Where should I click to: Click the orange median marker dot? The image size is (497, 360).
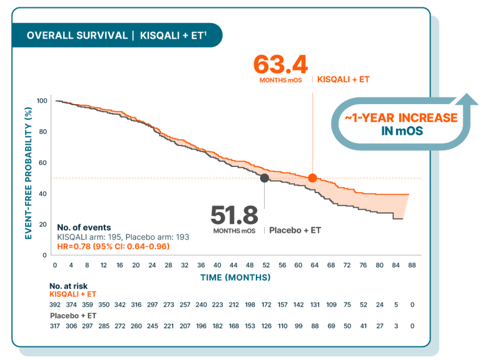point(312,178)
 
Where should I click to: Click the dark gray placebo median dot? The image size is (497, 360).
point(264,178)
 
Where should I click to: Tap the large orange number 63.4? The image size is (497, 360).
point(280,64)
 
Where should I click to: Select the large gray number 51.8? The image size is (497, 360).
point(234,215)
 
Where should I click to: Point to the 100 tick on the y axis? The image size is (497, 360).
point(42,101)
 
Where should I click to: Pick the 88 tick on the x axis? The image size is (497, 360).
point(412,265)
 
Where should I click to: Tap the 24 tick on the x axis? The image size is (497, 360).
point(152,265)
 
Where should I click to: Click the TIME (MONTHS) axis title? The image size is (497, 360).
point(235,277)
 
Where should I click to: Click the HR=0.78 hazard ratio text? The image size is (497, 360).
point(113,246)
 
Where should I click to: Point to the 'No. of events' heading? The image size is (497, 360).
point(84,227)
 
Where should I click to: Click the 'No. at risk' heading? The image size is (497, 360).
point(68,286)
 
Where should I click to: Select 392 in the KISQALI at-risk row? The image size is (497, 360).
point(55,305)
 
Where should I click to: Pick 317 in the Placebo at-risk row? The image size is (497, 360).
point(55,326)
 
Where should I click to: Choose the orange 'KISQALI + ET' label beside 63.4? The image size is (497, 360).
point(343,79)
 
